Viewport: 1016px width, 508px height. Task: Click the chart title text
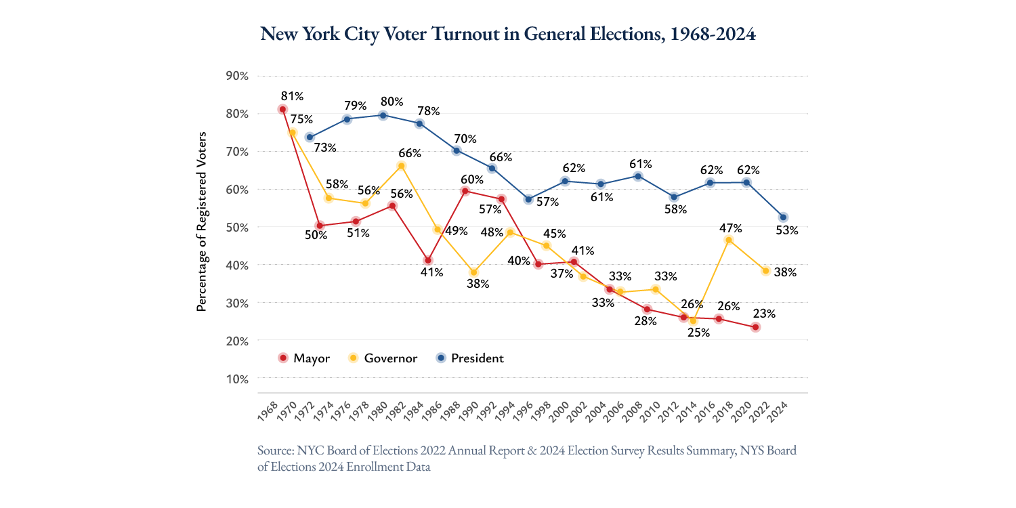[507, 34]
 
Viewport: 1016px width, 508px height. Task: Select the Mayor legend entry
[303, 358]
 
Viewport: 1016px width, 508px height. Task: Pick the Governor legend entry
[383, 358]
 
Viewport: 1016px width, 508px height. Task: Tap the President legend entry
[469, 358]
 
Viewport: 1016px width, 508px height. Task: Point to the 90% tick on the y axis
[237, 75]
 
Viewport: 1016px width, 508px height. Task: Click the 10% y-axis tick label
[237, 378]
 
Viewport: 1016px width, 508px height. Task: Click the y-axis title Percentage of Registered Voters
[201, 221]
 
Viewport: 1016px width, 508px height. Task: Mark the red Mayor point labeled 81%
[282, 109]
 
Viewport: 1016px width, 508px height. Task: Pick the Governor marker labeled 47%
[729, 240]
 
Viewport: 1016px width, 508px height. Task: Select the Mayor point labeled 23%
[755, 327]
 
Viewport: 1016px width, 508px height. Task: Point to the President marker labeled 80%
[383, 115]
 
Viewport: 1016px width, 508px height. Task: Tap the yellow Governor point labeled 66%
[401, 166]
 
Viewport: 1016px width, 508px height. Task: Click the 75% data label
[301, 119]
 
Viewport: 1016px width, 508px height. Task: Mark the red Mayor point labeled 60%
[465, 191]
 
